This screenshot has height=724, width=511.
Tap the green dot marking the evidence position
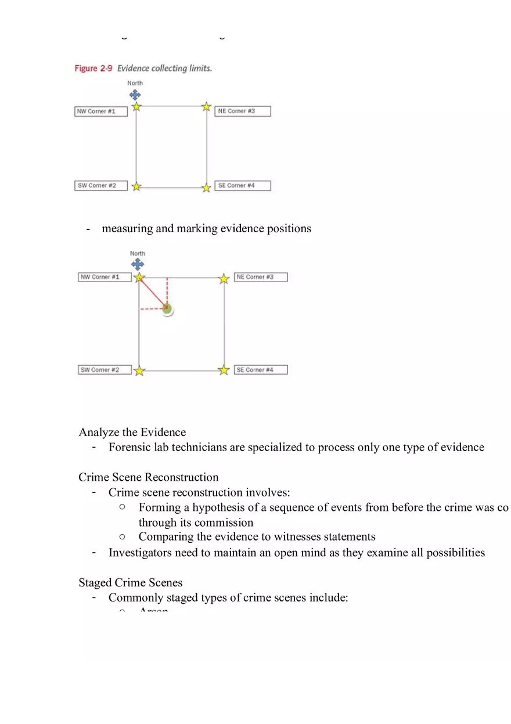[167, 309]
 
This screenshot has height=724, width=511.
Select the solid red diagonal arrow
[153, 294]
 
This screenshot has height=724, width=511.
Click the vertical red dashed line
[167, 290]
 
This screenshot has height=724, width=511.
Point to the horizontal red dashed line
[152, 309]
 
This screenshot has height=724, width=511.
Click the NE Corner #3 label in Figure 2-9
[242, 111]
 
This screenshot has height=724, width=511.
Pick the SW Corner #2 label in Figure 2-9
[100, 186]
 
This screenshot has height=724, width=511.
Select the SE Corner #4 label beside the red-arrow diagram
[261, 370]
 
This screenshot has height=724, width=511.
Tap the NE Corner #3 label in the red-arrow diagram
[261, 277]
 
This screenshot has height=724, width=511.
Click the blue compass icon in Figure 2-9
[135, 95]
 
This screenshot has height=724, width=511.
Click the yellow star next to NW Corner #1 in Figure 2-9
[136, 107]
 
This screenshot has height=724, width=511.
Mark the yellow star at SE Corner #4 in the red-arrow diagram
[224, 370]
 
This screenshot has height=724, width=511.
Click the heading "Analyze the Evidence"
[132, 433]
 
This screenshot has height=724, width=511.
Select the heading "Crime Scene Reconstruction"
[149, 478]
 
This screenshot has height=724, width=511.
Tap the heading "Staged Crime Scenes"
[131, 583]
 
